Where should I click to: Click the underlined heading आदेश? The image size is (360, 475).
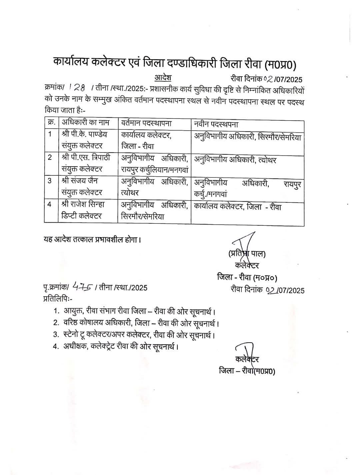coord(163,78)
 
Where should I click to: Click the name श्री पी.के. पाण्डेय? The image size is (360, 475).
coord(85,134)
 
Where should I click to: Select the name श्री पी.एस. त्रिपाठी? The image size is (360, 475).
coord(86,157)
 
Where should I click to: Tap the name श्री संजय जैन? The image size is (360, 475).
coord(80,181)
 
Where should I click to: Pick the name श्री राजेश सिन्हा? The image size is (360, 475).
coord(83,204)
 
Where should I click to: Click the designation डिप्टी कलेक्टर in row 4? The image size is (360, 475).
coord(81,216)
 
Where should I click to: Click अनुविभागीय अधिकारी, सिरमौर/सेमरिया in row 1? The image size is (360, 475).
coord(247,137)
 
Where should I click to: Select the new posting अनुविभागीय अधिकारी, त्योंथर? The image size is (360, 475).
coord(235,160)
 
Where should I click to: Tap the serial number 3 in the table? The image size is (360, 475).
coord(49,181)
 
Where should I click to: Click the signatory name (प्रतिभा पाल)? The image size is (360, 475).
coord(247,254)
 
